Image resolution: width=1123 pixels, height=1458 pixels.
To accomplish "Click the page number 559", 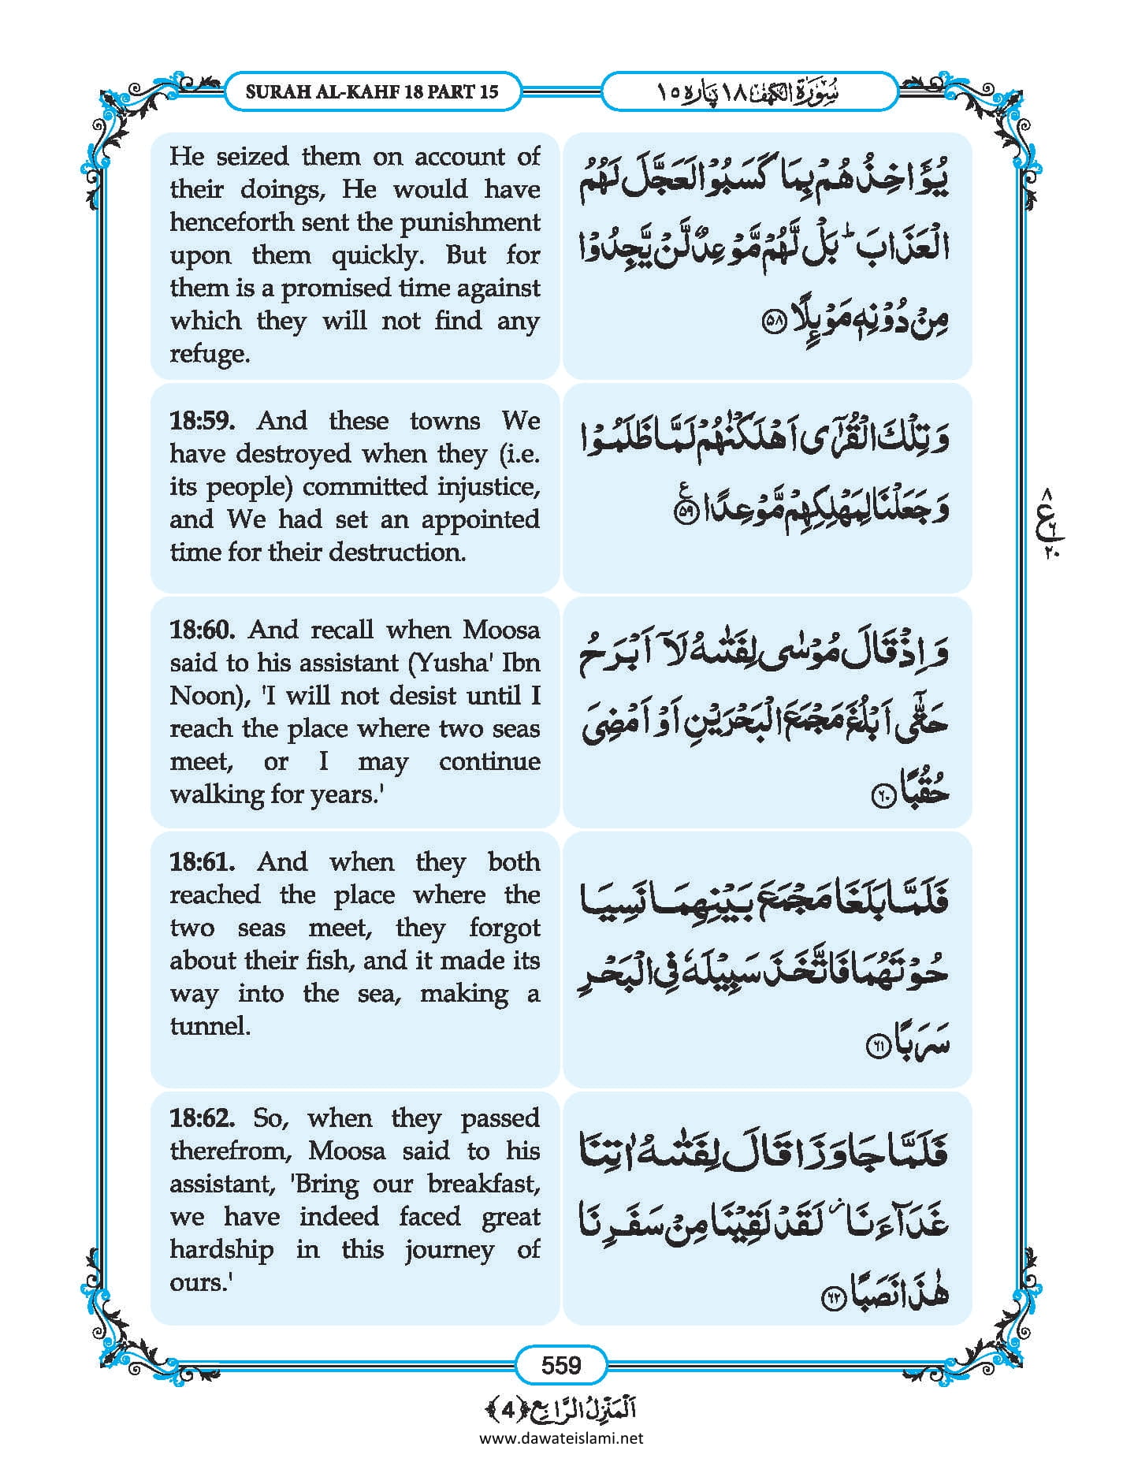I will (x=560, y=1365).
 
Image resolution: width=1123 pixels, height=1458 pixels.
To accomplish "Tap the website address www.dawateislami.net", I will (x=560, y=1438).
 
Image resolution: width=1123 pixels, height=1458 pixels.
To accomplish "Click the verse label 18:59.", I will (x=202, y=421).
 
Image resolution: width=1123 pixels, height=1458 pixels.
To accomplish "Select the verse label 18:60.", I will (x=202, y=630).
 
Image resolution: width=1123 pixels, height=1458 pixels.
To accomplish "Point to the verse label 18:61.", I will (x=202, y=861).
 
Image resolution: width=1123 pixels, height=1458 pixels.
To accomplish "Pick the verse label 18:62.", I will (x=202, y=1118).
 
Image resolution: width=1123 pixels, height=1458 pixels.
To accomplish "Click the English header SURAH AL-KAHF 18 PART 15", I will (x=372, y=91).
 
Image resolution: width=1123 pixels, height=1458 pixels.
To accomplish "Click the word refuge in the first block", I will (x=209, y=354).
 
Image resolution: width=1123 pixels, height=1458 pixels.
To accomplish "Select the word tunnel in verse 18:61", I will (x=209, y=1026).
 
